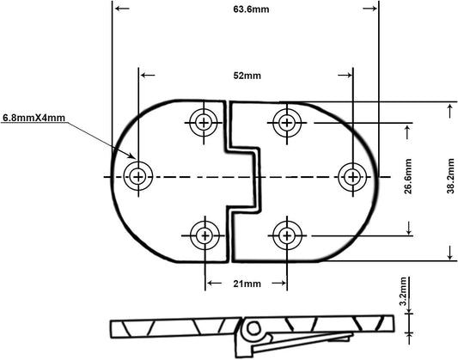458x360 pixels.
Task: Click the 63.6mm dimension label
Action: pyautogui.click(x=251, y=9)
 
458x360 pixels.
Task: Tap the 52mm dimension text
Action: pyautogui.click(x=247, y=76)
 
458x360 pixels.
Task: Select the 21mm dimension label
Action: pyautogui.click(x=247, y=284)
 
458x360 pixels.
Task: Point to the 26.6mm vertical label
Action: pyautogui.click(x=408, y=176)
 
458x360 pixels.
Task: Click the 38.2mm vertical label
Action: pyautogui.click(x=451, y=176)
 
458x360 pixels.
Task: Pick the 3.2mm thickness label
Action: pyautogui.click(x=403, y=291)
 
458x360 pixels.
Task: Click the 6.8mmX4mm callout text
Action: pyautogui.click(x=34, y=118)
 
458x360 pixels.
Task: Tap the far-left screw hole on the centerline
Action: pyautogui.click(x=137, y=176)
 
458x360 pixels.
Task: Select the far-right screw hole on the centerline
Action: pyautogui.click(x=353, y=177)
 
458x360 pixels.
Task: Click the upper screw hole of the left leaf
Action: pyautogui.click(x=204, y=123)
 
